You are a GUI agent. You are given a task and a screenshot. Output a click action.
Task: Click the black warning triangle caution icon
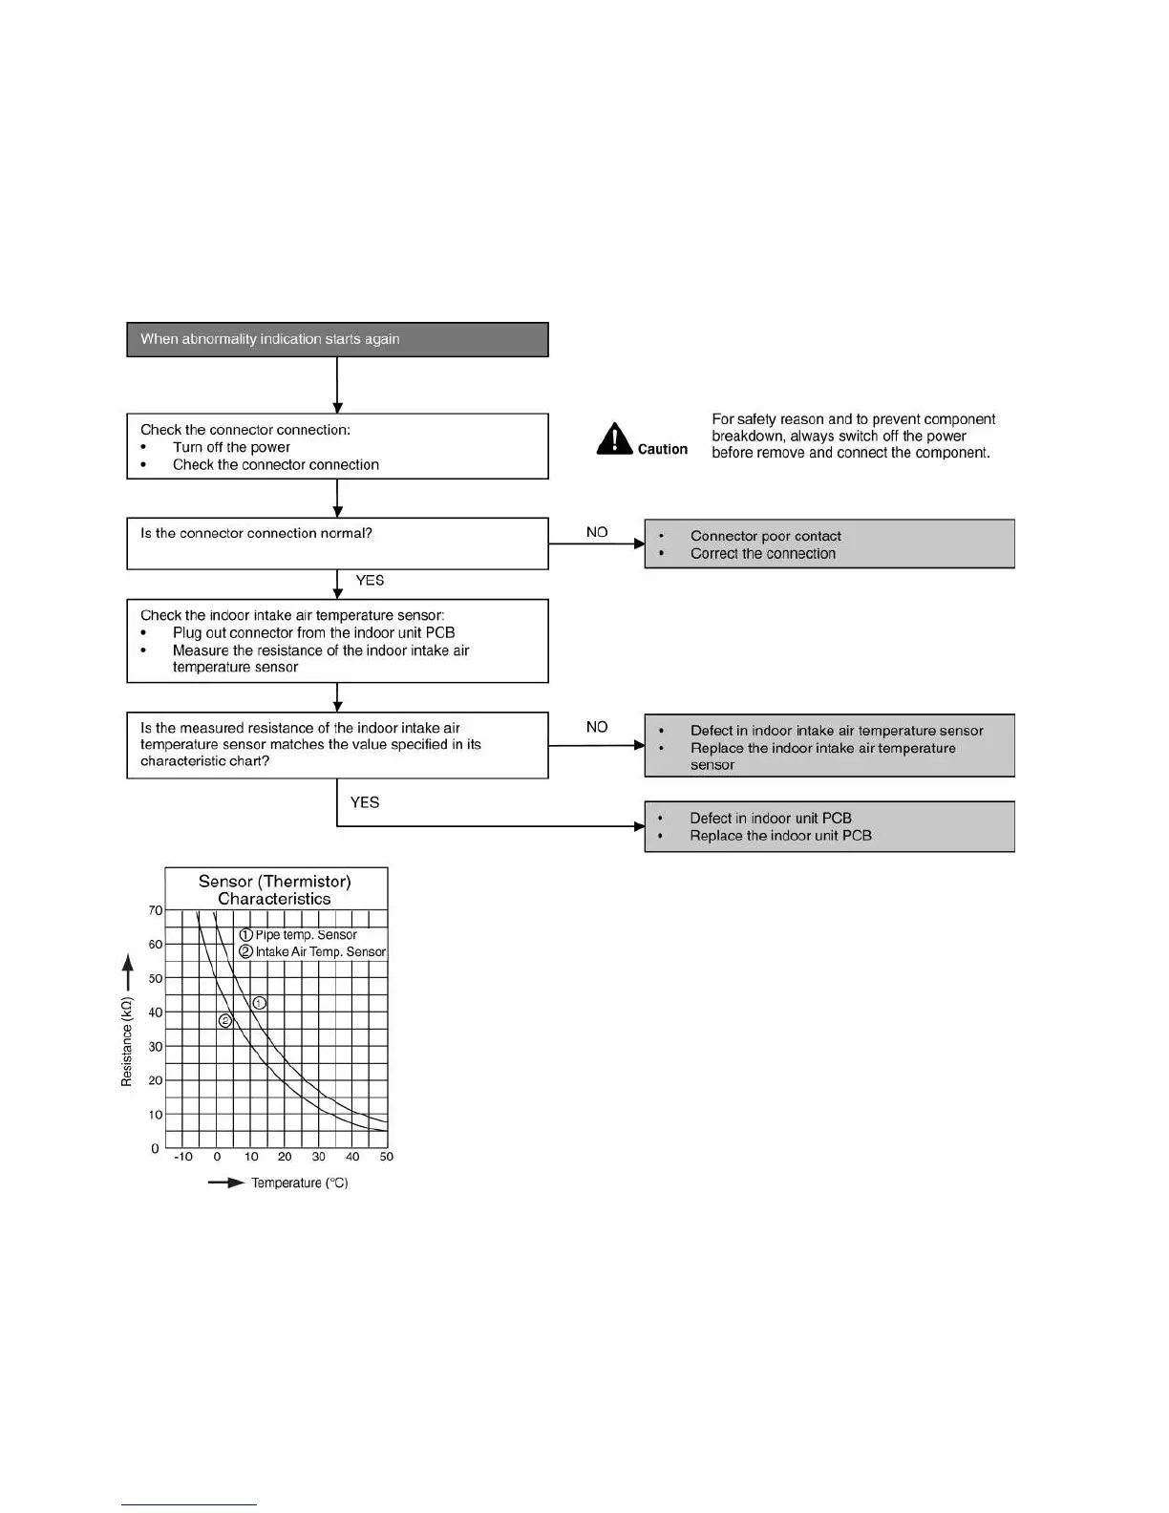[x=614, y=439]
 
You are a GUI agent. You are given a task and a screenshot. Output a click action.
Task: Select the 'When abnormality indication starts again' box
[x=337, y=339]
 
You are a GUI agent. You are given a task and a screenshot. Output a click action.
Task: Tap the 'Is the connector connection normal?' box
[x=337, y=543]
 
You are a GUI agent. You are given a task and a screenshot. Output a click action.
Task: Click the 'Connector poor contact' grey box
[x=829, y=543]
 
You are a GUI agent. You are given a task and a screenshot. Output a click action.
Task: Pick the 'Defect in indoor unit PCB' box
[x=829, y=826]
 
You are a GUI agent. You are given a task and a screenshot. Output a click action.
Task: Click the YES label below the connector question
[x=370, y=581]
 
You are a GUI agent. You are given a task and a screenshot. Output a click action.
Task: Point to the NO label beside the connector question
[x=597, y=532]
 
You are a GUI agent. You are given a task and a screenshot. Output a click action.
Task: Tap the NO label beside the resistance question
[x=597, y=727]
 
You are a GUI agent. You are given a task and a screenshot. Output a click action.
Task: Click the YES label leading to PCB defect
[x=365, y=802]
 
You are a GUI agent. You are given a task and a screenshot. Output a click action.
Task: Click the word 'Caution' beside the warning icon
[x=663, y=449]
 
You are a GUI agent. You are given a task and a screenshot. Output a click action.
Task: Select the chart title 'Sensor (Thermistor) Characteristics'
[x=275, y=889]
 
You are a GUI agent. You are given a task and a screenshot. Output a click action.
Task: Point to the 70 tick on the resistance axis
[x=156, y=910]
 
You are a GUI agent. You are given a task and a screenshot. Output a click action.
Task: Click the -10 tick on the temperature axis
[x=183, y=1157]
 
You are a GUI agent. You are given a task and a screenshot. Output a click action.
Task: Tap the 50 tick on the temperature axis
[x=387, y=1157]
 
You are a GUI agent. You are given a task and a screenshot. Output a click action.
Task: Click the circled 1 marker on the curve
[x=260, y=1003]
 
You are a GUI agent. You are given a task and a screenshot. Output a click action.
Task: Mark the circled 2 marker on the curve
[x=225, y=1020]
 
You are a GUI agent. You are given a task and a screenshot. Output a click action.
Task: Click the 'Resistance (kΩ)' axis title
[x=126, y=1042]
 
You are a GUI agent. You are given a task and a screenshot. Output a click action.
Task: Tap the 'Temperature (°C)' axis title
[x=299, y=1183]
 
